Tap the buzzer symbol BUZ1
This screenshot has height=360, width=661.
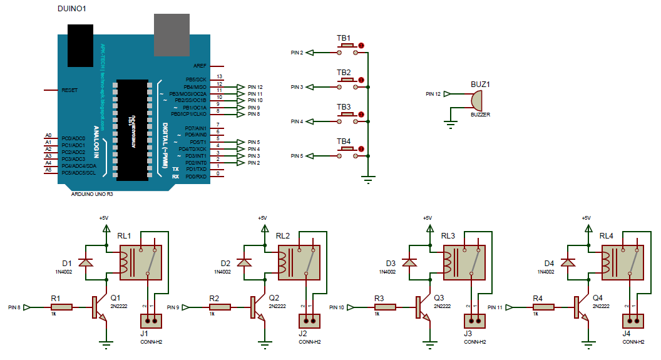coord(475,100)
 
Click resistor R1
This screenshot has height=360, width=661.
coord(61,307)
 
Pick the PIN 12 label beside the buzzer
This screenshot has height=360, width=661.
coord(433,94)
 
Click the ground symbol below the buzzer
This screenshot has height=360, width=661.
coord(449,123)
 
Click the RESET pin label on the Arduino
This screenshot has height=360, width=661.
coord(69,90)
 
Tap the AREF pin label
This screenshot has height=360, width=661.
coord(200,65)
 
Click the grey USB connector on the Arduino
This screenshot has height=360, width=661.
coord(172,35)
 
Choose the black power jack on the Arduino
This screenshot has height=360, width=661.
coord(80,45)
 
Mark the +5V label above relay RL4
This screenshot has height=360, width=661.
coord(586,218)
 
